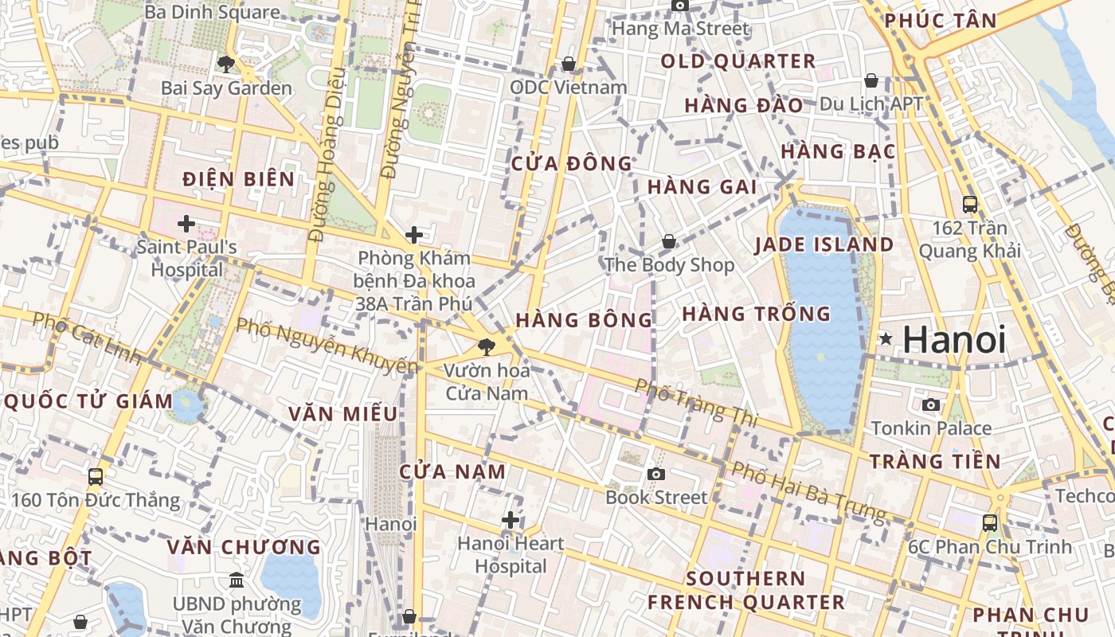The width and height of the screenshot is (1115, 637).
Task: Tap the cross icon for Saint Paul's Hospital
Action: [186, 224]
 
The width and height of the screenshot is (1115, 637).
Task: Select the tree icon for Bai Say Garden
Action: [226, 64]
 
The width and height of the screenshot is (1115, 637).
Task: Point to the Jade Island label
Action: [824, 244]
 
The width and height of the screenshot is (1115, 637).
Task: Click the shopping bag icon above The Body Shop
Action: [669, 240]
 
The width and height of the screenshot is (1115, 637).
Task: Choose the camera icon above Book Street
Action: [656, 474]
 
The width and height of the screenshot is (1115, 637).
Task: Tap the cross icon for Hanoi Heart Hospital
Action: [511, 520]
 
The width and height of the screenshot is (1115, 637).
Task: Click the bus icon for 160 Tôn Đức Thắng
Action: [96, 477]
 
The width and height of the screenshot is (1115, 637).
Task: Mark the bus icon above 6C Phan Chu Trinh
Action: [990, 523]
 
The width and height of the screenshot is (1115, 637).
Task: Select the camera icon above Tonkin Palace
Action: [930, 404]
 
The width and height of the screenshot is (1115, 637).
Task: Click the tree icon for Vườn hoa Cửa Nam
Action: [486, 346]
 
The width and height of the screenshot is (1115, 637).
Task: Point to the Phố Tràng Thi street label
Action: [695, 402]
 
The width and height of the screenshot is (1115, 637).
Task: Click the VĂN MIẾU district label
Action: [343, 414]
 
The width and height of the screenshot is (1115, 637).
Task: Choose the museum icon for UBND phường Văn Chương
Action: [237, 580]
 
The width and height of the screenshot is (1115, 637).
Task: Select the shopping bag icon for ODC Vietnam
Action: [569, 64]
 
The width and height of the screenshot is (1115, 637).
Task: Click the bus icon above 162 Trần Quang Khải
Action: [970, 204]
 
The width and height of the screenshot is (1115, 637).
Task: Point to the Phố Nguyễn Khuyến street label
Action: [327, 345]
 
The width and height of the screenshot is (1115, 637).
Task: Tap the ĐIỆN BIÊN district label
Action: [239, 179]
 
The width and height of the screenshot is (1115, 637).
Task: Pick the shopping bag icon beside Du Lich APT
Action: [871, 80]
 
